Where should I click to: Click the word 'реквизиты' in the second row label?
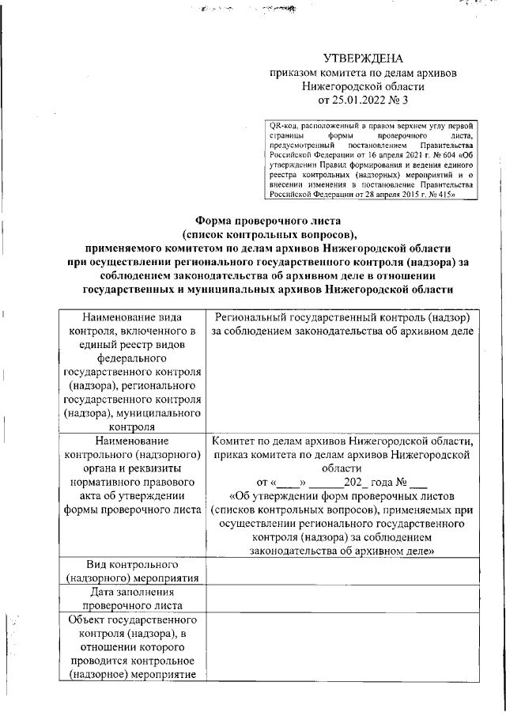(168, 467)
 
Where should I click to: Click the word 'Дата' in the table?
(104, 592)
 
